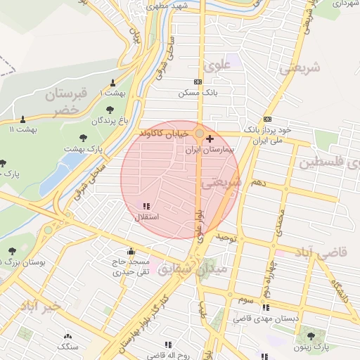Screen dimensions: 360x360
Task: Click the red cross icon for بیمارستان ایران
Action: [x=210, y=140]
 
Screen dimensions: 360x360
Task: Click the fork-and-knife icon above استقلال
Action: [x=146, y=206]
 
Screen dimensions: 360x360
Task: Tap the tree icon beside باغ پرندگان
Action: [x=110, y=110]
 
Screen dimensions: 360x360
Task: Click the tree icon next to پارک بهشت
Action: [x=84, y=138]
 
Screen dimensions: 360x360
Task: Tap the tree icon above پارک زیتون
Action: [x=311, y=335]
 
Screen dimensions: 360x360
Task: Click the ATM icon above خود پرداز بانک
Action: [x=267, y=120]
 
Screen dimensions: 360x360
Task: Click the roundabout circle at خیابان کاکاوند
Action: [x=200, y=133]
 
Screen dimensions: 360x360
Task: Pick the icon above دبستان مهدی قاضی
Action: [x=266, y=307]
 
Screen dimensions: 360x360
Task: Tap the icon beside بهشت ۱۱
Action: [x=23, y=119]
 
